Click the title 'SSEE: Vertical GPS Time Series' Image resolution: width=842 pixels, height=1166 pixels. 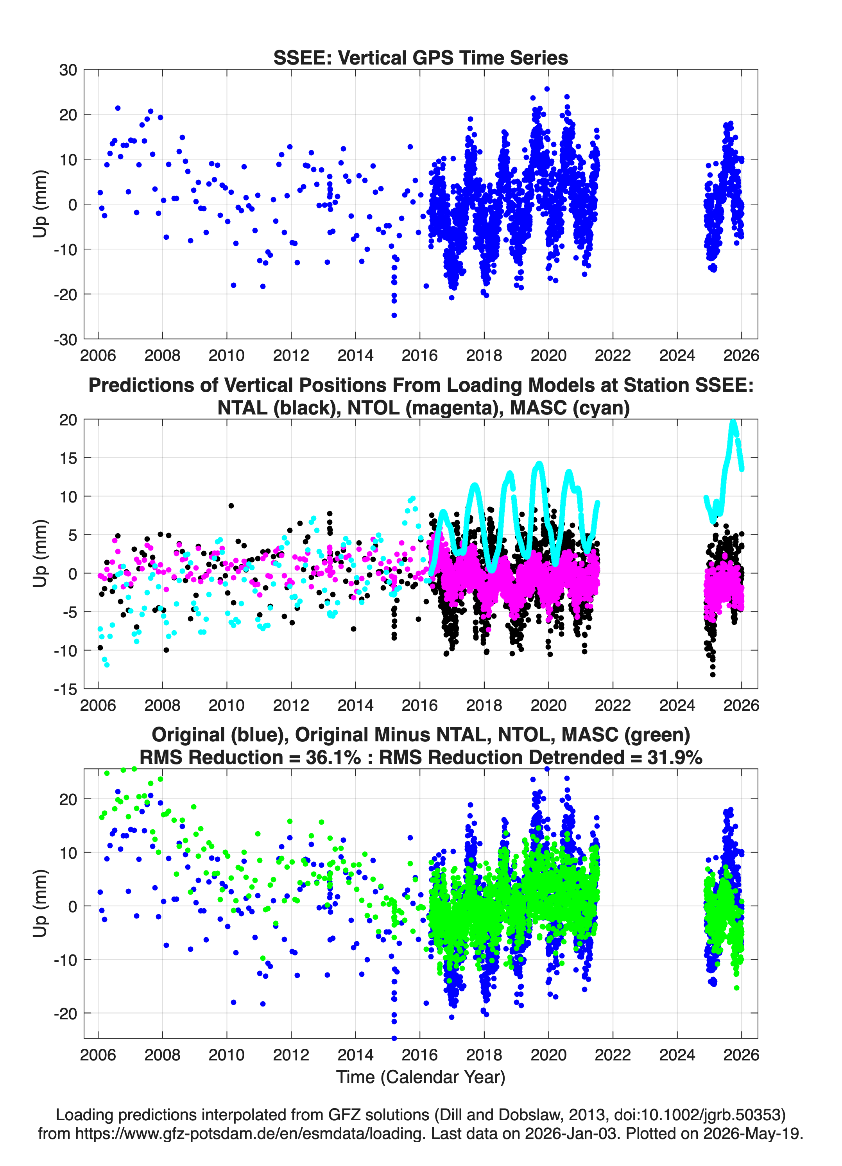(421, 57)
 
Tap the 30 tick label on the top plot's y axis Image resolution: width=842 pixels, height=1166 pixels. (68, 70)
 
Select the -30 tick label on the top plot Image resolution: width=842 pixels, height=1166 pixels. (65, 340)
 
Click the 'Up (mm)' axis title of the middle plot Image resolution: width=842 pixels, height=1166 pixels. (40, 553)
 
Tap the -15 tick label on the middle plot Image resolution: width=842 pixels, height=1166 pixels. (65, 689)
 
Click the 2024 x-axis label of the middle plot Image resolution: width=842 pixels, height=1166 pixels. (677, 705)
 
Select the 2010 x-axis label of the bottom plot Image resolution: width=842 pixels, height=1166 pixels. (227, 1055)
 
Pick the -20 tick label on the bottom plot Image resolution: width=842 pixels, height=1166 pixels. (65, 1014)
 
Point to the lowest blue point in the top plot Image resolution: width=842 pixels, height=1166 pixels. (394, 315)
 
